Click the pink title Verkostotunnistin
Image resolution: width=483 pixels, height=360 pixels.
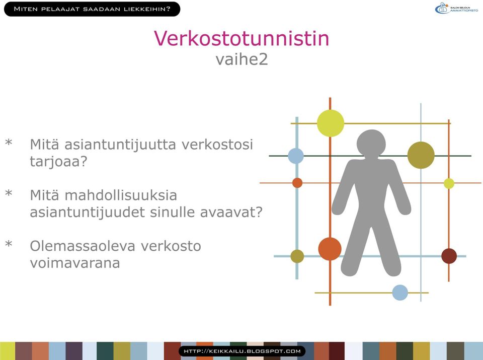[242, 38]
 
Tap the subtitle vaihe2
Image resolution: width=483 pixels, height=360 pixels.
[242, 59]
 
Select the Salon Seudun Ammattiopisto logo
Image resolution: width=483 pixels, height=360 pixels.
[456, 8]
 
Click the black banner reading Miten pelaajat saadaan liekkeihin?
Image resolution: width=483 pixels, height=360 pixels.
[92, 9]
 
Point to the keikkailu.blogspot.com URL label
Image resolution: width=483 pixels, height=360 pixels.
[242, 351]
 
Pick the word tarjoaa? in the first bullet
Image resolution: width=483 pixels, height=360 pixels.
[58, 162]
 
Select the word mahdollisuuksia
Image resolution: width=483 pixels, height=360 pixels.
[121, 195]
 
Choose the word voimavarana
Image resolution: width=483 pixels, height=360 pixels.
[75, 263]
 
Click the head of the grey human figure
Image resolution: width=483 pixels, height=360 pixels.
[371, 143]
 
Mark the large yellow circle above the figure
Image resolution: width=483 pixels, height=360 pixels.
[331, 123]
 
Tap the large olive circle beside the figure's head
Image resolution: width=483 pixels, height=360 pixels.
[421, 155]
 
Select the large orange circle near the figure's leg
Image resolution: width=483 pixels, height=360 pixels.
[330, 249]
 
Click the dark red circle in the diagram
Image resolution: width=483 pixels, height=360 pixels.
[449, 256]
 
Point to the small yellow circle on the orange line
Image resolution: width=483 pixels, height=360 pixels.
[449, 183]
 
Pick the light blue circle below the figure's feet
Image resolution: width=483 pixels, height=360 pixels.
[400, 293]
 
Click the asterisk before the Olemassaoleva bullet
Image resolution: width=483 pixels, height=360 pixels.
[9, 244]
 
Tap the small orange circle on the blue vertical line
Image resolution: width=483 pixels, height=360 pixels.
[297, 183]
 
